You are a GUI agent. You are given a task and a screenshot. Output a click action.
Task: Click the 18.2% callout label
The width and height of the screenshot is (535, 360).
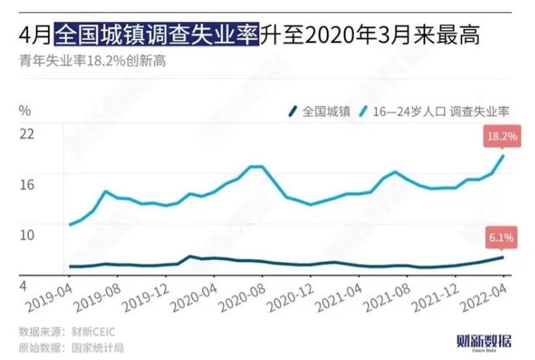(502, 135)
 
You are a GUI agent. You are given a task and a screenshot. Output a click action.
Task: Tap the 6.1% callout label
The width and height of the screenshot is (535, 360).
(501, 237)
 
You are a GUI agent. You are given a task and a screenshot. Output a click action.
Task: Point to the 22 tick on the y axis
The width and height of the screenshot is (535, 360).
(26, 133)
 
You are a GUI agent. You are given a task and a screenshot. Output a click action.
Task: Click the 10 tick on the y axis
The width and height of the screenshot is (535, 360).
(26, 235)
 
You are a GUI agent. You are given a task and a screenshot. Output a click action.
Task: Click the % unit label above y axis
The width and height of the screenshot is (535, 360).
(25, 110)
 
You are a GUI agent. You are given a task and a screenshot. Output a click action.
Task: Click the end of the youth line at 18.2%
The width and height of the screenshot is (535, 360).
(503, 156)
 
